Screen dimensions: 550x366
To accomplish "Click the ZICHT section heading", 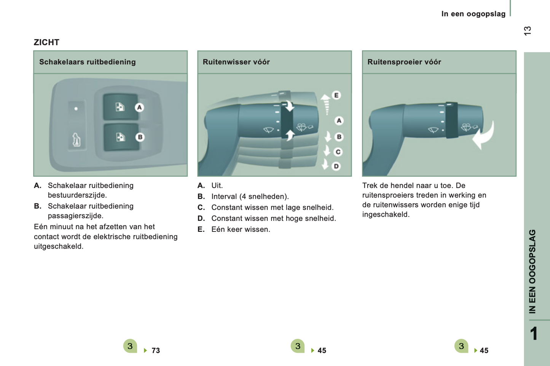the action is click(46, 42).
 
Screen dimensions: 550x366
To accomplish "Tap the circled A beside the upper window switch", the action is click(139, 108).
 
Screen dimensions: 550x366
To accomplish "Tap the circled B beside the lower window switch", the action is click(140, 137).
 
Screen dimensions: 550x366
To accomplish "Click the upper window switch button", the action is click(120, 107).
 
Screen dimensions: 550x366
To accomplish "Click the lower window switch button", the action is click(121, 137).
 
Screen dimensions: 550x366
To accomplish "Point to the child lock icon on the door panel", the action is click(77, 140).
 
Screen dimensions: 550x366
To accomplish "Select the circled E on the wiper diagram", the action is click(336, 95).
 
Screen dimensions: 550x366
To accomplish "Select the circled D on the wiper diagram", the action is click(336, 166).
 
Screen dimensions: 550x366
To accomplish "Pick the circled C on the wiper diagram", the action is click(338, 152).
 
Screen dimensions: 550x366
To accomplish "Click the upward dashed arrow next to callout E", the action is click(326, 104).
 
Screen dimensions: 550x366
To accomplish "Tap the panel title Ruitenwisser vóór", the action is click(236, 62).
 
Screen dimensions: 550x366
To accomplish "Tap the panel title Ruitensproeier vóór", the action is click(404, 62).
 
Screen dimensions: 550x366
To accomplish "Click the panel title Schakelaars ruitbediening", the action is click(88, 62).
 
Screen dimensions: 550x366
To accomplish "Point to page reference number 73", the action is click(156, 350).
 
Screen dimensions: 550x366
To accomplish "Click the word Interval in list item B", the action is click(224, 196).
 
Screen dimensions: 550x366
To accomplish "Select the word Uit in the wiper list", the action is click(216, 185).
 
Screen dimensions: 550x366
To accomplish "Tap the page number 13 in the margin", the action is click(527, 31).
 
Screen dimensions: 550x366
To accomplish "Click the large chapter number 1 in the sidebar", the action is click(534, 333).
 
